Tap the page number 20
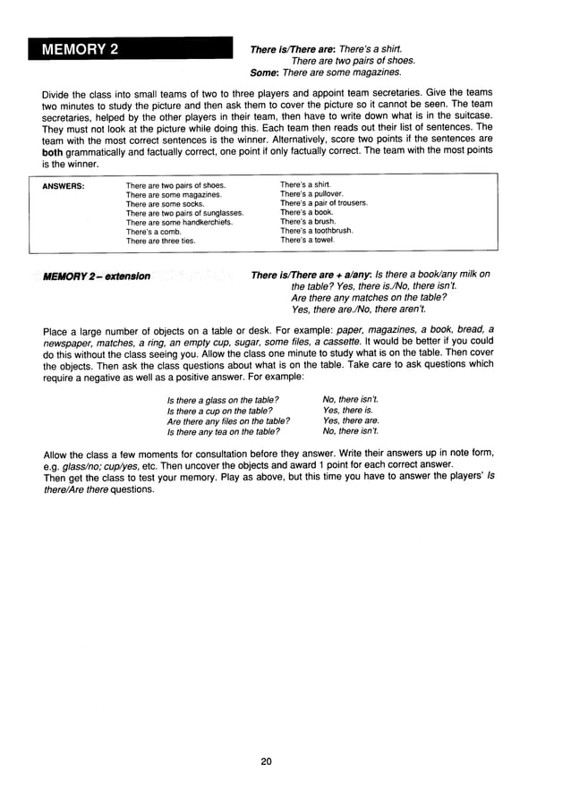tap(266, 761)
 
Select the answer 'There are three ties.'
tap(160, 241)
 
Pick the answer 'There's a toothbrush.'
tap(316, 230)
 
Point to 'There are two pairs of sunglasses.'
tap(184, 213)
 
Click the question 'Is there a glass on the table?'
tap(223, 398)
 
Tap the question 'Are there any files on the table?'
tap(228, 420)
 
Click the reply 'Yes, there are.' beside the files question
tap(351, 420)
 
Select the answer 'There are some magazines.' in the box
tap(174, 194)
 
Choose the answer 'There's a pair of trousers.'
tap(323, 203)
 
